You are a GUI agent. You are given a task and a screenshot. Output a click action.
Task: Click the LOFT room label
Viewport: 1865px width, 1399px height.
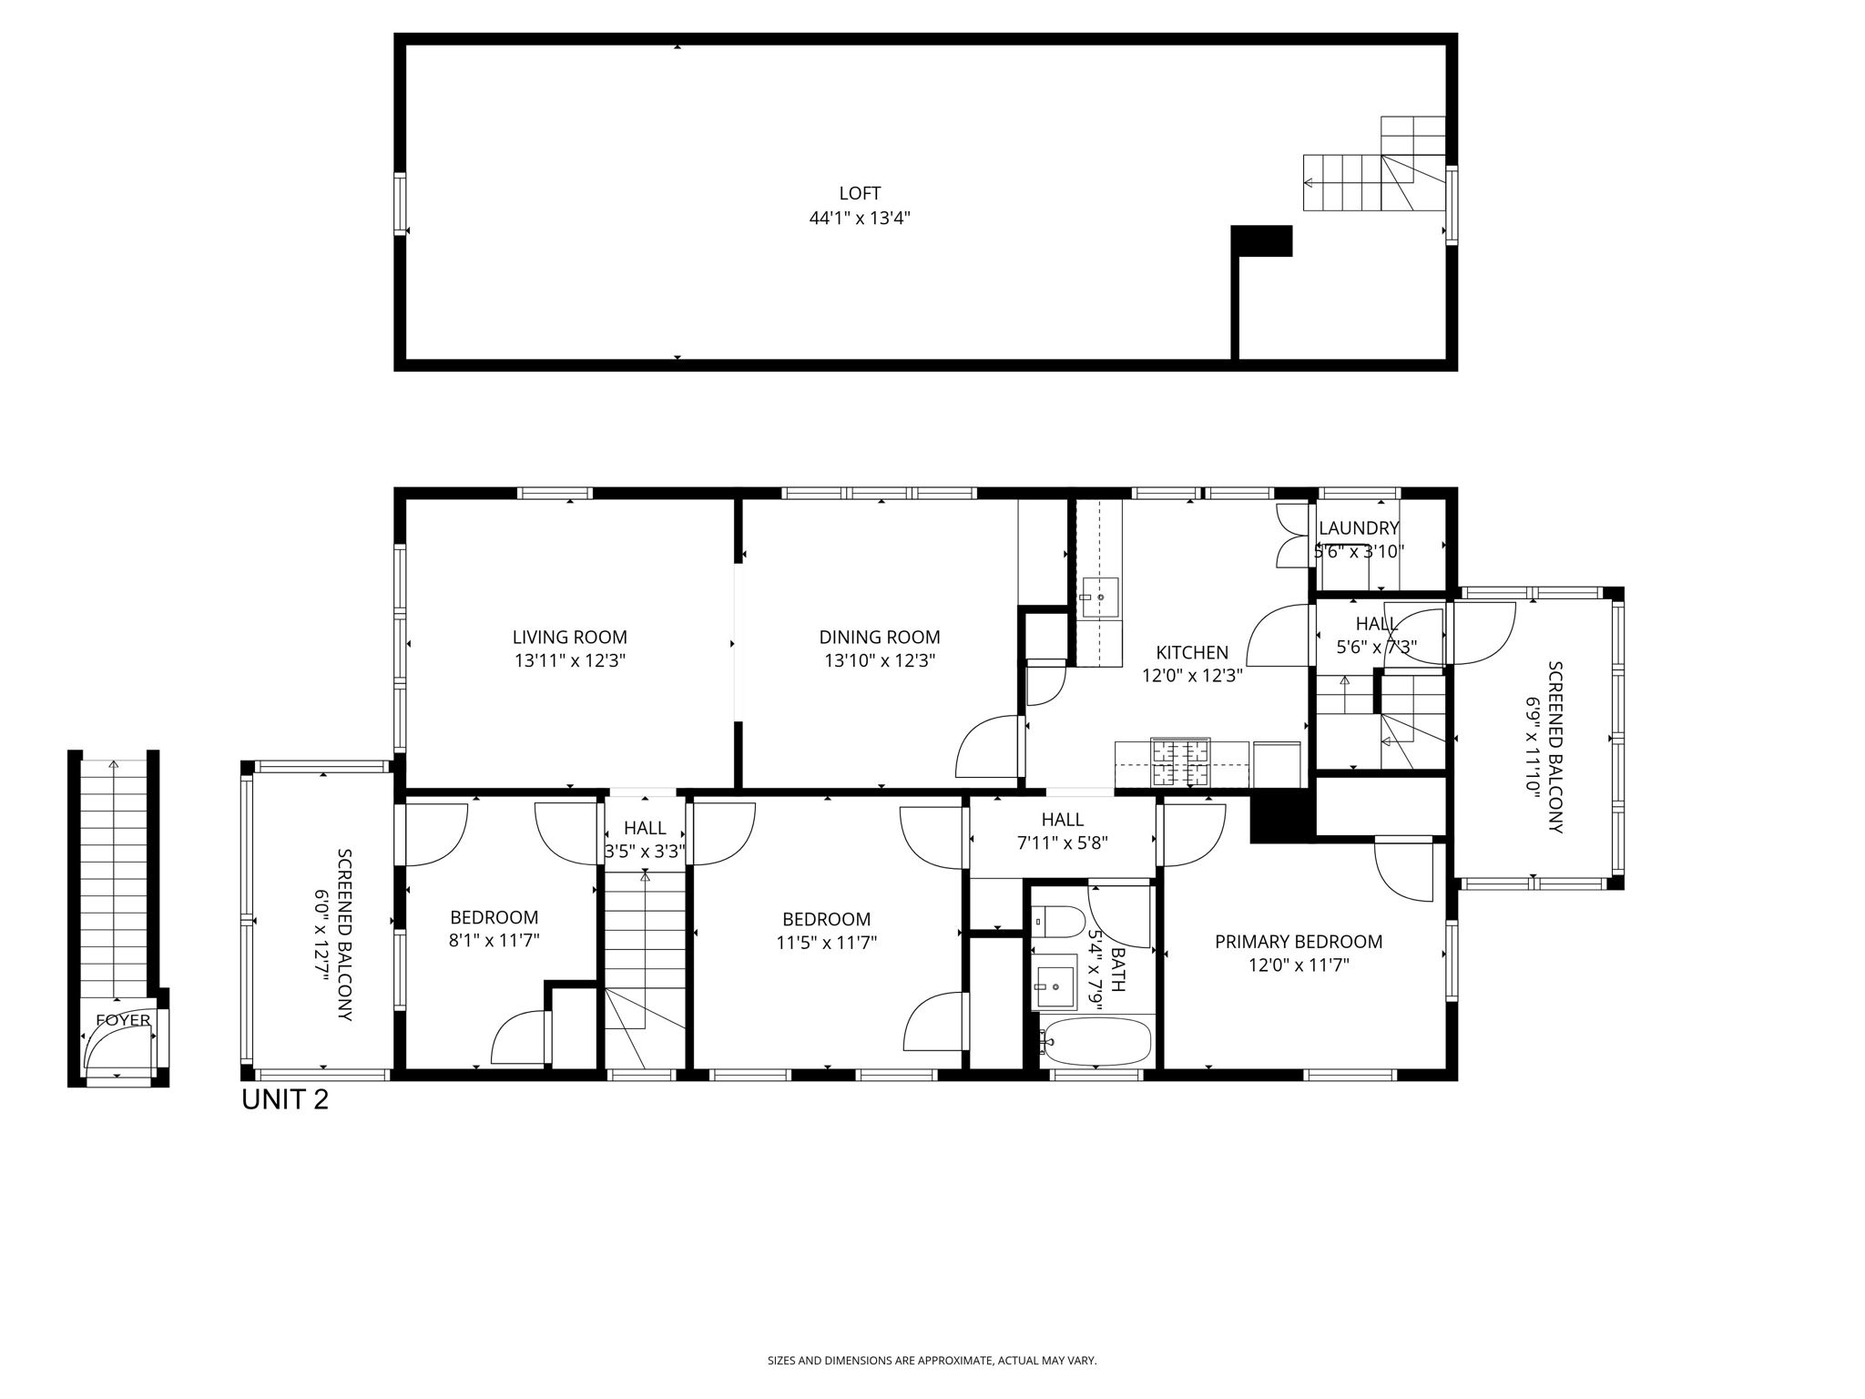(x=860, y=193)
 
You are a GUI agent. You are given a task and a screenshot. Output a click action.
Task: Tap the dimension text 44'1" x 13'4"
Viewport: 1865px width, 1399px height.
(x=860, y=219)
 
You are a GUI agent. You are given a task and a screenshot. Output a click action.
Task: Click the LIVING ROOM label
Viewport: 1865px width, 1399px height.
(x=569, y=638)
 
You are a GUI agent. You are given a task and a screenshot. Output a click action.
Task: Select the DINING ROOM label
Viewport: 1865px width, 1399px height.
(x=879, y=638)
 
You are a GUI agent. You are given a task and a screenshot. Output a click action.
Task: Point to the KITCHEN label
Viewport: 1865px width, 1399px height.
(x=1191, y=652)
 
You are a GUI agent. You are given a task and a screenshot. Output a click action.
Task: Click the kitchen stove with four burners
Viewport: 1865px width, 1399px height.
(x=1180, y=763)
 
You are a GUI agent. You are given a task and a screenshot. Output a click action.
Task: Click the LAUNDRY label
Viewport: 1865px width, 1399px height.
(x=1358, y=528)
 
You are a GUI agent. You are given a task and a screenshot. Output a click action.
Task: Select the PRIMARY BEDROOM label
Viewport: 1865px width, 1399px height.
(x=1298, y=942)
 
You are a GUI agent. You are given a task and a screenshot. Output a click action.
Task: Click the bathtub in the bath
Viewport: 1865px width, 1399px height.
(x=1097, y=1041)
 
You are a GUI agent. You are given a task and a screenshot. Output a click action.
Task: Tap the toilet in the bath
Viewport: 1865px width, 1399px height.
(x=1059, y=922)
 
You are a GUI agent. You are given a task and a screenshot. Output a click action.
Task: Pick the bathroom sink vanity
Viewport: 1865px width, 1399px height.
(x=1055, y=987)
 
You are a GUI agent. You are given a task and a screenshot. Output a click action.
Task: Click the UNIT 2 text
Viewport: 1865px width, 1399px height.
(x=284, y=1100)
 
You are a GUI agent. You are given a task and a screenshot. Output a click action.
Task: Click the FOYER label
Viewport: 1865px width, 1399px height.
(x=123, y=1020)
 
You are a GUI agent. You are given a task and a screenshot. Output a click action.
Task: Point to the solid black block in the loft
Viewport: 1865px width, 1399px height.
(x=1261, y=240)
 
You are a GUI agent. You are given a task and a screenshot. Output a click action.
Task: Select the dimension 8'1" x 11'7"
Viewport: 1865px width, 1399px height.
(x=494, y=941)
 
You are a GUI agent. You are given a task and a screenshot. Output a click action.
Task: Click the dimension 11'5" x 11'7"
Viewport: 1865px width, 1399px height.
(x=826, y=943)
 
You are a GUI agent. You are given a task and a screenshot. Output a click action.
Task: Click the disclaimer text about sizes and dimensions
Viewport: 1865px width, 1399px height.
(x=932, y=1361)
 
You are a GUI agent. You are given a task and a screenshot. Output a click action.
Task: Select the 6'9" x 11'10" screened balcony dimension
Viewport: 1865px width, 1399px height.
(x=1533, y=748)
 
